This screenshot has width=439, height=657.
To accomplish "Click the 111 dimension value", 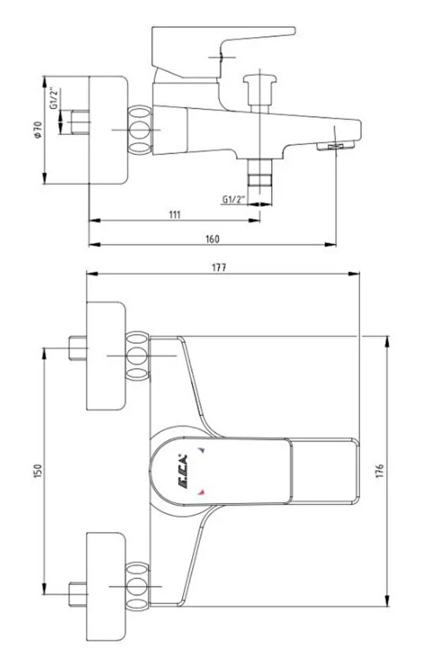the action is (x=175, y=215).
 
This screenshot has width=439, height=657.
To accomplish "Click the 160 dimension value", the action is (x=212, y=238).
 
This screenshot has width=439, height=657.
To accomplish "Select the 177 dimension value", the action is (x=218, y=268).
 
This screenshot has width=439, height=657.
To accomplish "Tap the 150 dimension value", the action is (x=38, y=471).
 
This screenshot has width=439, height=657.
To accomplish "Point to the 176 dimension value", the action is (x=380, y=471).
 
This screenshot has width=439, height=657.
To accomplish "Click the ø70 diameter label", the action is (x=38, y=130).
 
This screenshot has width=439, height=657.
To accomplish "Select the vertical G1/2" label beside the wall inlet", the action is (x=54, y=98).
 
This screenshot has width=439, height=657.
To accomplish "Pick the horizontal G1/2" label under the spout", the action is (x=234, y=199).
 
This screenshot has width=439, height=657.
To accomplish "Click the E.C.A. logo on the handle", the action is (x=183, y=471).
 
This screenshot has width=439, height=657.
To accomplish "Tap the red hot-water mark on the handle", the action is (x=202, y=492).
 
